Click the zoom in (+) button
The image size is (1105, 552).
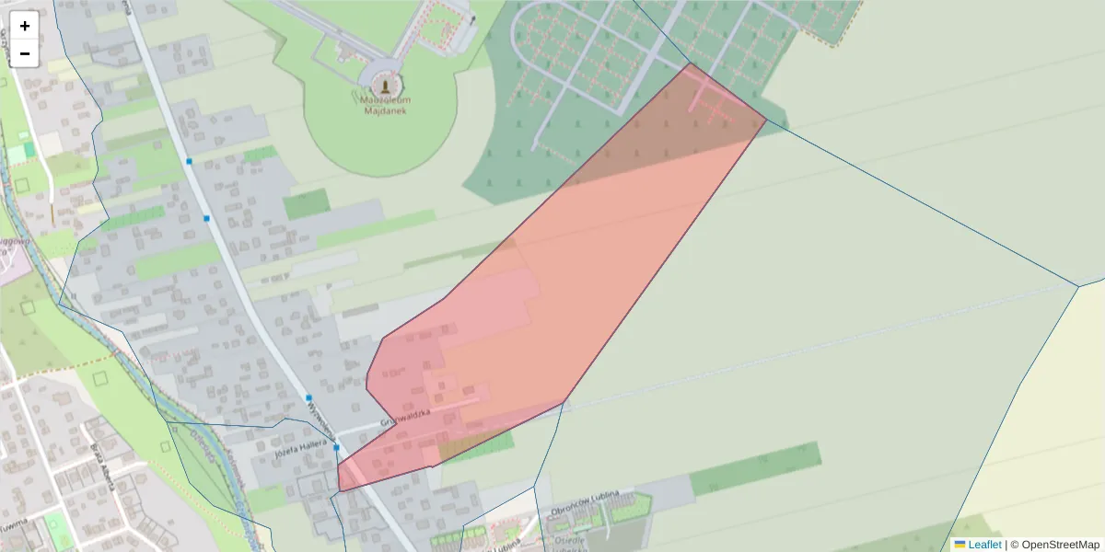(25, 26)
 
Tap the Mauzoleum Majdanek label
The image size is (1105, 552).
(385, 104)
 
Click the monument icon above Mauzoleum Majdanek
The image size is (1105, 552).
(385, 86)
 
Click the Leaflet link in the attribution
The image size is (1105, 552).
(984, 545)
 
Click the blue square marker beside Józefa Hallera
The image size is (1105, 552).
(337, 447)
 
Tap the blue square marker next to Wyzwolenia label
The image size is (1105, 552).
(308, 397)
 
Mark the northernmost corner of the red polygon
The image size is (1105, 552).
(688, 63)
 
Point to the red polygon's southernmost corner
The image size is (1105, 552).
(340, 491)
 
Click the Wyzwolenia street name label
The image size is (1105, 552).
(320, 415)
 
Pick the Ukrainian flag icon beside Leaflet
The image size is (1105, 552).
(960, 545)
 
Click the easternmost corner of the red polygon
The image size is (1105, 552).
(766, 120)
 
